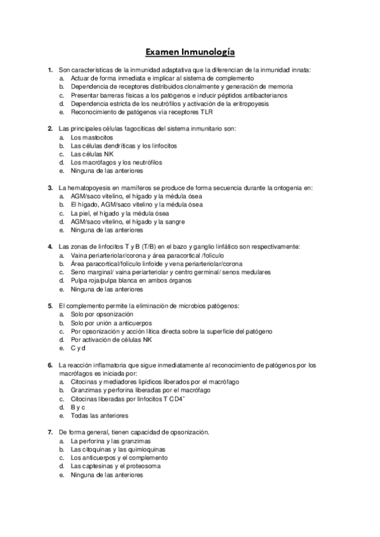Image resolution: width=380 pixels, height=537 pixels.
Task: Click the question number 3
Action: point(50,188)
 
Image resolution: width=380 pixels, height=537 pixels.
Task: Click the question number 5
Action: point(50,305)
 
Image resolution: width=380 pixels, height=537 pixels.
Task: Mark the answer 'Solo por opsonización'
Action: point(102,314)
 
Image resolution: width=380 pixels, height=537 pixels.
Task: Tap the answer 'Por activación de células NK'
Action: point(111,339)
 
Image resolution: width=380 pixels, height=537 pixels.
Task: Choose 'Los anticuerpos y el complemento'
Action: point(119,457)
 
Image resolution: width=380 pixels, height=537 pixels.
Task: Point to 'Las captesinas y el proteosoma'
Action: point(115,466)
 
